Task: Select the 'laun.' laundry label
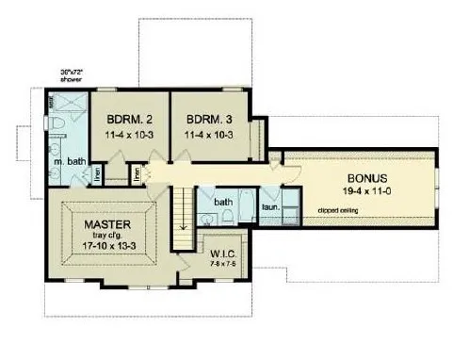tap(268, 205)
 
